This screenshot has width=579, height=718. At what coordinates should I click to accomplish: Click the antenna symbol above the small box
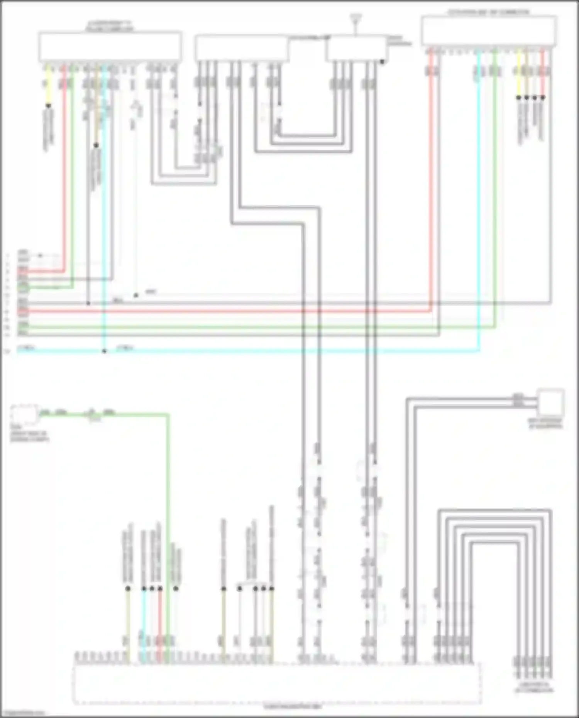tap(355, 19)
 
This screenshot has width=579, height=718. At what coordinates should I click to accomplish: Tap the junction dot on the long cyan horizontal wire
tap(104, 351)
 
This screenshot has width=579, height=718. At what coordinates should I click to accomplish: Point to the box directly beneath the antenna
tap(356, 49)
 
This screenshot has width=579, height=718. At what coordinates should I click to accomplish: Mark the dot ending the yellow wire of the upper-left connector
tap(48, 105)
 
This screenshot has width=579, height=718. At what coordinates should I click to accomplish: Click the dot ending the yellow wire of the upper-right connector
tap(518, 98)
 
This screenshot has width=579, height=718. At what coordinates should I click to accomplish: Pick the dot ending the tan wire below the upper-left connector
tap(96, 145)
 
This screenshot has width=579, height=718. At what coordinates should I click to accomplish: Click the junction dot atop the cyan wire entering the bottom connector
tap(144, 588)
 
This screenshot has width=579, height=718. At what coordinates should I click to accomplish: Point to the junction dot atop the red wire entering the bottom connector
tap(160, 588)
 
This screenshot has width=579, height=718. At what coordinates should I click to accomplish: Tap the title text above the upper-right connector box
tap(488, 12)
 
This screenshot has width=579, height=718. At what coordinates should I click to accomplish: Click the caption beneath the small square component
tap(546, 424)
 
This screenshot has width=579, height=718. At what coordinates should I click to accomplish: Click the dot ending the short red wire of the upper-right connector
tap(543, 98)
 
